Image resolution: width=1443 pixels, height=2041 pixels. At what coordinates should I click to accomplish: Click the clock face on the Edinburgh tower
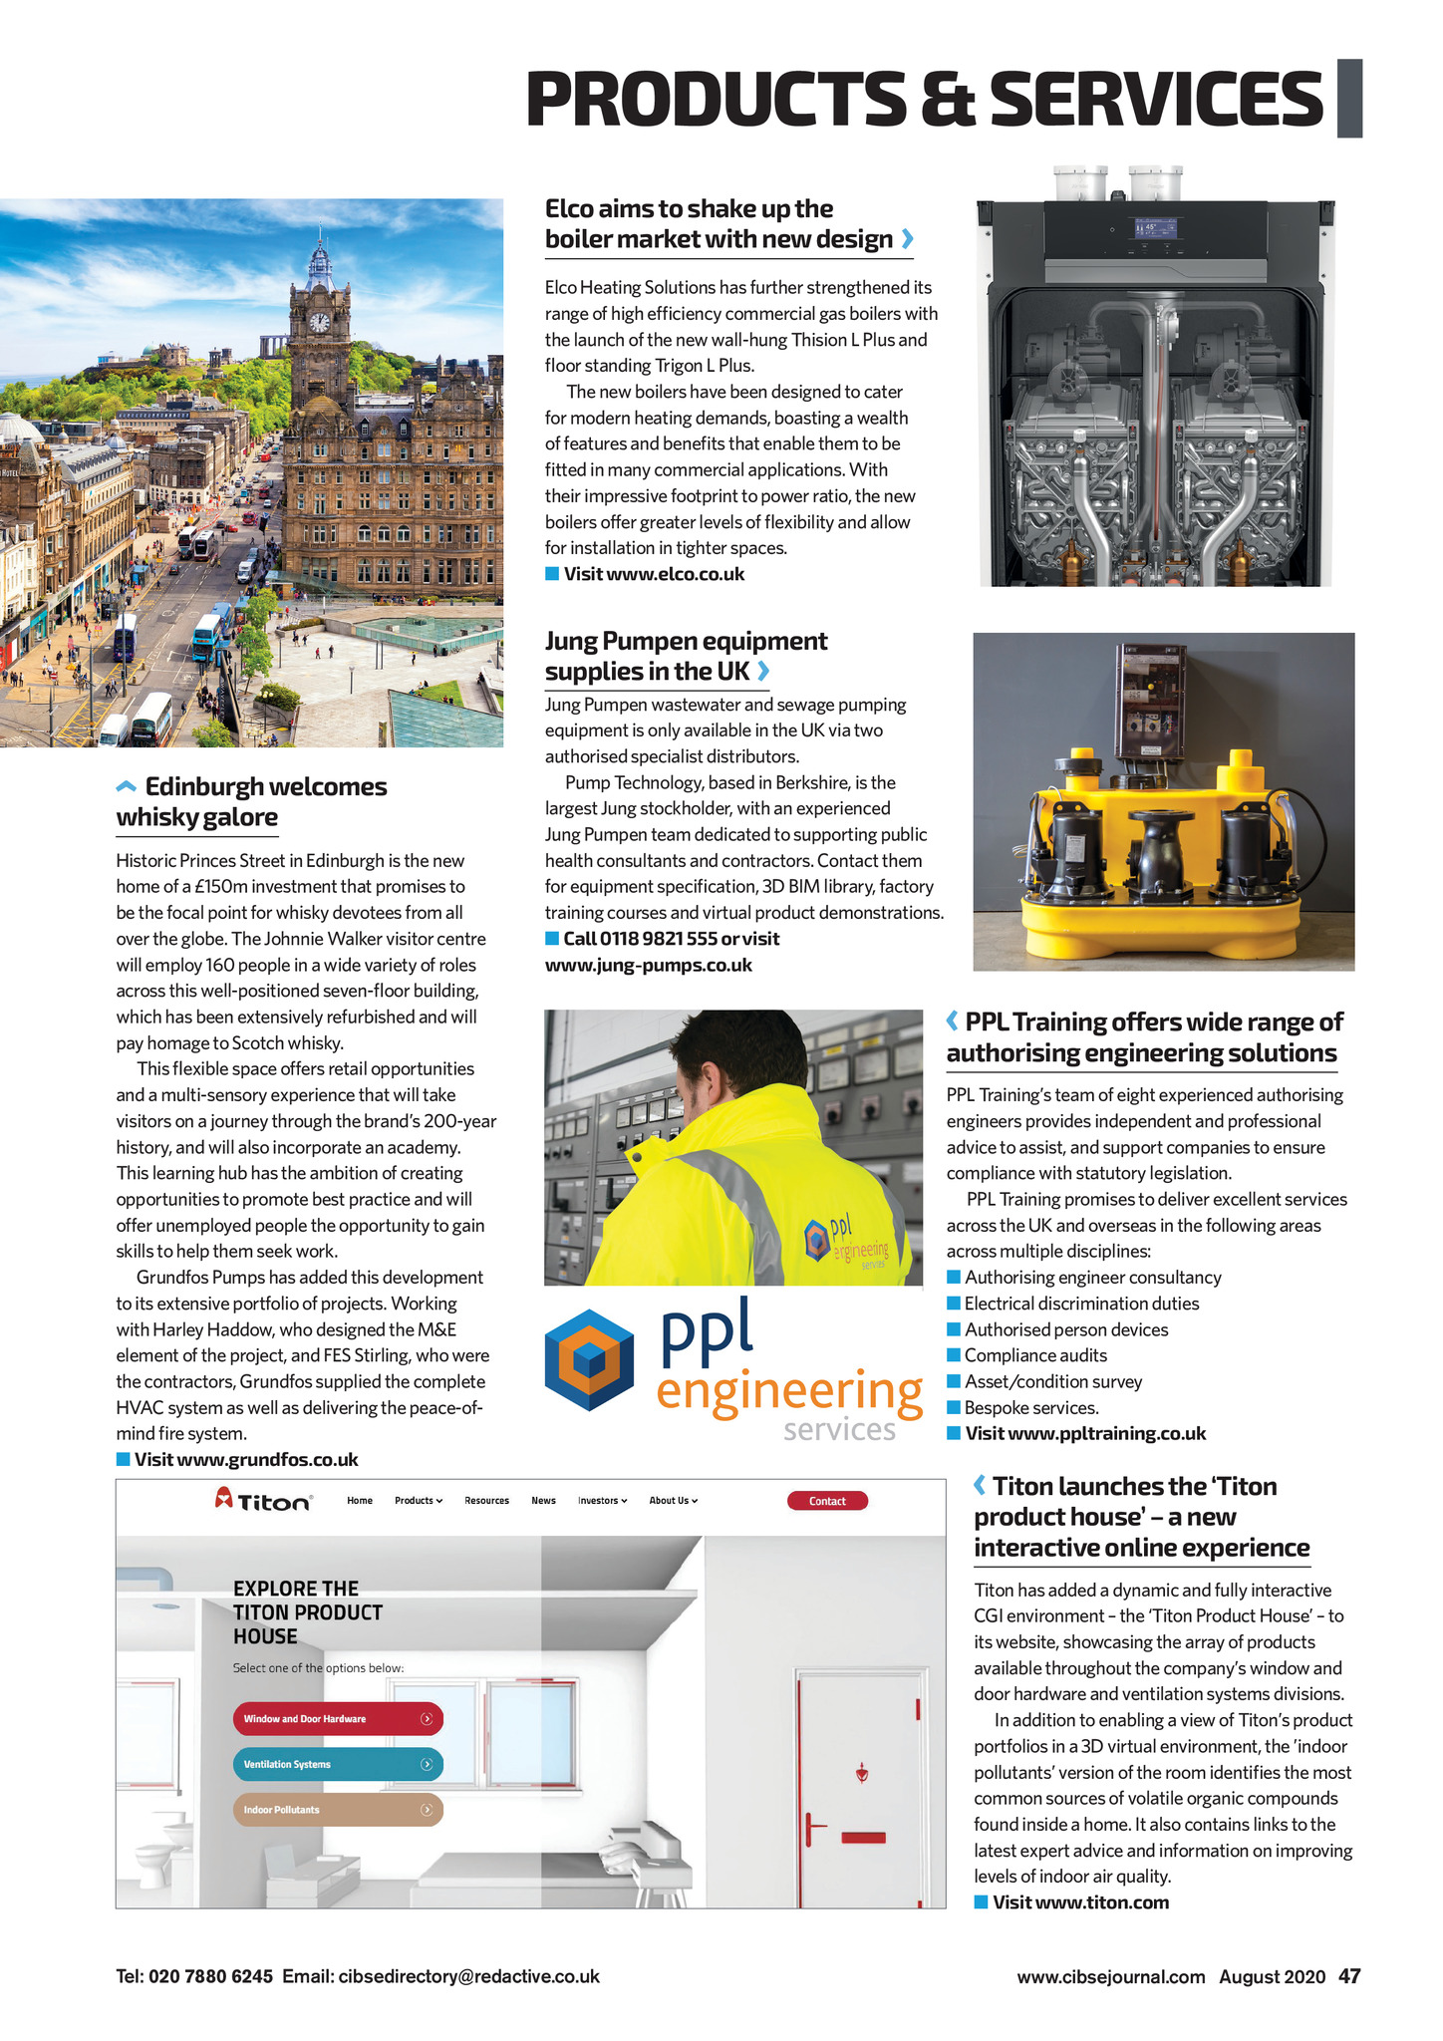tap(319, 322)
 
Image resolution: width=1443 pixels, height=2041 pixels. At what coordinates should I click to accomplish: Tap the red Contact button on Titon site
tap(827, 1501)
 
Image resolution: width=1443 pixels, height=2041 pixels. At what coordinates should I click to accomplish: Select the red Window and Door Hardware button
tap(338, 1718)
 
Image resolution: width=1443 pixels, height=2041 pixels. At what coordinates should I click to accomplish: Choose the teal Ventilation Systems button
tap(338, 1764)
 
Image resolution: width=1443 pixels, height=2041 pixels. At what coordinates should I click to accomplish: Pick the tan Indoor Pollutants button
tap(338, 1810)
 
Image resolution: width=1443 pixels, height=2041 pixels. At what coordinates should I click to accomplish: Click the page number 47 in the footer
tap(1349, 1976)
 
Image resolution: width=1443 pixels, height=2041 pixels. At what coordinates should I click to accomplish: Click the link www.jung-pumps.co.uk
tap(648, 965)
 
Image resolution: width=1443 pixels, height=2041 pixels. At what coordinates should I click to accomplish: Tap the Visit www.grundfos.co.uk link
tap(246, 1460)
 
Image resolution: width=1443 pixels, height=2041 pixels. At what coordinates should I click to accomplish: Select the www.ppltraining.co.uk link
tap(1106, 1433)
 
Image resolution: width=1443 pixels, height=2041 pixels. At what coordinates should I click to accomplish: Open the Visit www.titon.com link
tap(1080, 1901)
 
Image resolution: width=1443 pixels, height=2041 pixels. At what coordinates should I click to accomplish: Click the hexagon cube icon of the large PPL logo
tap(589, 1359)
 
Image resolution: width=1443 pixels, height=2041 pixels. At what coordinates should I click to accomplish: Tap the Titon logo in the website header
tap(263, 1500)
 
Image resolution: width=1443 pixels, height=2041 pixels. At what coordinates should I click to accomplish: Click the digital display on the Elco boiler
tap(1155, 229)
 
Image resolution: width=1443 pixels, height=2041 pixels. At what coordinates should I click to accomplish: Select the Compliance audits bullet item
tap(1035, 1355)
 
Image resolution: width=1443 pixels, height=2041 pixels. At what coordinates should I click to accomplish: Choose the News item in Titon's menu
tap(543, 1501)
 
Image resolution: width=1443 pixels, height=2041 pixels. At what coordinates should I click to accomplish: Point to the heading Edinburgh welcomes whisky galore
tap(251, 801)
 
